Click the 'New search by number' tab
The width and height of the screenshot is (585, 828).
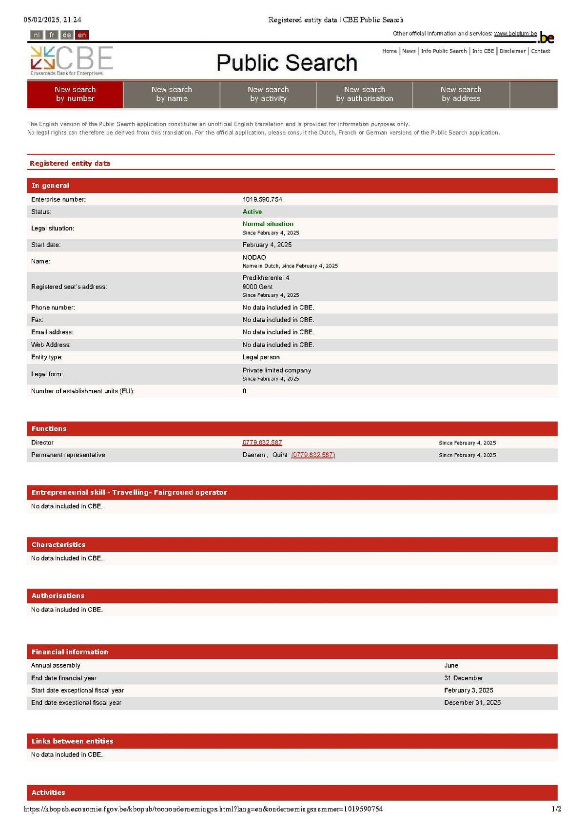coord(75,94)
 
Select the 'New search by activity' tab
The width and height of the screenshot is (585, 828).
coord(268,94)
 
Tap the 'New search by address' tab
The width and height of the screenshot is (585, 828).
coord(461,94)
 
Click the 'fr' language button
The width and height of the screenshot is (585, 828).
coord(52,35)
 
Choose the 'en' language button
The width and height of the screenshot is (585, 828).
coord(82,35)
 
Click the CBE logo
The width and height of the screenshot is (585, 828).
coord(72,60)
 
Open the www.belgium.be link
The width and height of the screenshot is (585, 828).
coord(515,34)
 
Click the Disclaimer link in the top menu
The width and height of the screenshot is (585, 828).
coord(512,51)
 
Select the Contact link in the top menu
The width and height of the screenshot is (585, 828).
coord(540,51)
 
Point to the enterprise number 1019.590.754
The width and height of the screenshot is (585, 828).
coord(262,199)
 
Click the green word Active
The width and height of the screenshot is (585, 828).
coord(252,212)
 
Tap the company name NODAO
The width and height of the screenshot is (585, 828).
coord(254,257)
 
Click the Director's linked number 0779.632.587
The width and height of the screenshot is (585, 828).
coord(262,443)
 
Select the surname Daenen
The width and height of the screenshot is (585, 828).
coord(253,455)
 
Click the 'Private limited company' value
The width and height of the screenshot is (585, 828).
coord(276,370)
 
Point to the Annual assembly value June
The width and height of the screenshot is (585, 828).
coord(451,665)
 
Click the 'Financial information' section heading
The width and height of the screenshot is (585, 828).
coord(70,652)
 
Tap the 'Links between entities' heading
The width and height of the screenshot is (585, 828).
coord(72,741)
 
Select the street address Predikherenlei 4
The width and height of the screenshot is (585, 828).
coord(266,278)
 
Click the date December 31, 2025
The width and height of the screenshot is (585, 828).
coord(472,702)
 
